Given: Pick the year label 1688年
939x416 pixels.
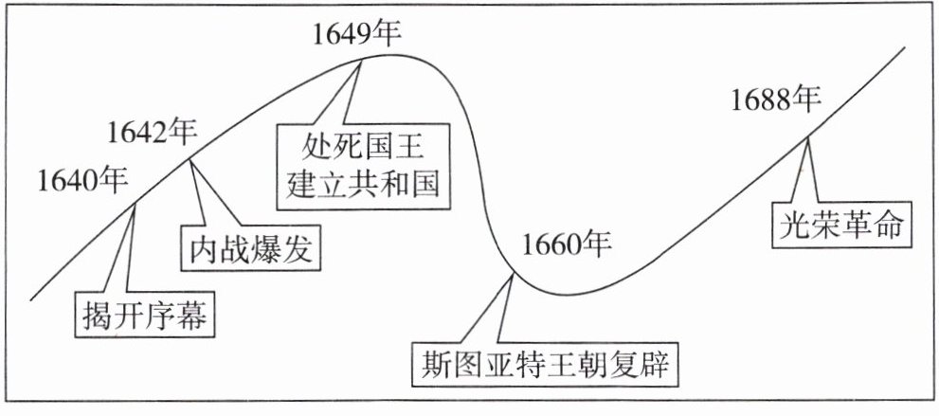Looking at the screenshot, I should click(x=775, y=99).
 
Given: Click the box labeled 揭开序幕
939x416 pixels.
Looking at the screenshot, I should click(x=143, y=314).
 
